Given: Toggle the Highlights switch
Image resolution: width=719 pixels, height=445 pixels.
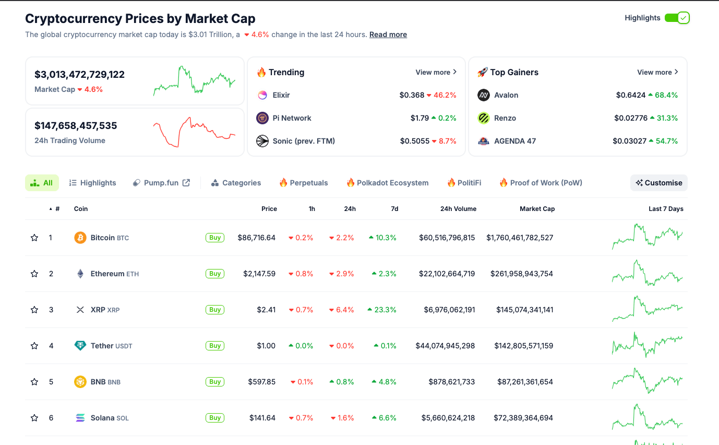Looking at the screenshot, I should click(x=677, y=18).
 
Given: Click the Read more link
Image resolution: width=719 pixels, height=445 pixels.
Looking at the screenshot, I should click(x=388, y=34).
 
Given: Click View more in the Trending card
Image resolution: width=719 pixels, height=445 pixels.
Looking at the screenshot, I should click(x=436, y=72).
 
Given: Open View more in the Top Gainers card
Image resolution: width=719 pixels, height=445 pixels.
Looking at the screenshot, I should click(x=657, y=72).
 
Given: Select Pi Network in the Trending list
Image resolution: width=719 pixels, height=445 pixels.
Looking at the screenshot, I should click(x=292, y=118).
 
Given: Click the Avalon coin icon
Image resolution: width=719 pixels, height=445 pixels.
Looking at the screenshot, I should click(x=484, y=95).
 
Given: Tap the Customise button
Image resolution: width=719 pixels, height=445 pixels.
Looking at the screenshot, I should click(x=658, y=183).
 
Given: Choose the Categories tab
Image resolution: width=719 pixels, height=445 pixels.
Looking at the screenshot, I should click(x=236, y=183).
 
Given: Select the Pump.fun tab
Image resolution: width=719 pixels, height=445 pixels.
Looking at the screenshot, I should click(x=161, y=183).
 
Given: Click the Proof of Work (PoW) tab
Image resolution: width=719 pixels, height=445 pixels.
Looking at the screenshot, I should click(x=541, y=183).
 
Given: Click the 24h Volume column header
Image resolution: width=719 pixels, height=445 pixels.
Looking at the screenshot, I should click(x=458, y=209).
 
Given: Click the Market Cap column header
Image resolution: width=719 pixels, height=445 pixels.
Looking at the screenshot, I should click(x=537, y=209).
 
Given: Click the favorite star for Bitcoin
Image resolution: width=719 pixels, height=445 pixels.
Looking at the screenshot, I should click(x=34, y=238).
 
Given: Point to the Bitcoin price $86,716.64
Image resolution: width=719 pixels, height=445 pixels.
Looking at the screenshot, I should click(x=256, y=238).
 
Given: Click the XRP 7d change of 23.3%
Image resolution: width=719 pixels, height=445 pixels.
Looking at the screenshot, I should click(x=382, y=310).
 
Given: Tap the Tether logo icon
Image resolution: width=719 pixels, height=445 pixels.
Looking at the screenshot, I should click(x=80, y=346).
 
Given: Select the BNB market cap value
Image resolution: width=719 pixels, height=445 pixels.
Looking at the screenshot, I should click(x=523, y=382).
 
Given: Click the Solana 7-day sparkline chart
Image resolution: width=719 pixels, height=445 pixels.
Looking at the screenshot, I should click(x=647, y=418).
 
